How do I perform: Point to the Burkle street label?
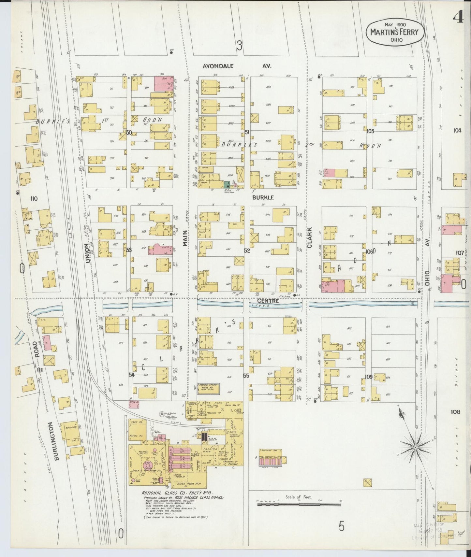[x=262, y=197]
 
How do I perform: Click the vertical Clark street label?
[x=310, y=237]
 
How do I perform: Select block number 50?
[x=129, y=133]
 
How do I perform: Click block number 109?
[x=369, y=377]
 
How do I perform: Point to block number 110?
[x=34, y=198]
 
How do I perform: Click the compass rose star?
[x=415, y=448]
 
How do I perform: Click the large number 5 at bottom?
[x=341, y=526]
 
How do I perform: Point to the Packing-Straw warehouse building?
[x=208, y=388]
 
